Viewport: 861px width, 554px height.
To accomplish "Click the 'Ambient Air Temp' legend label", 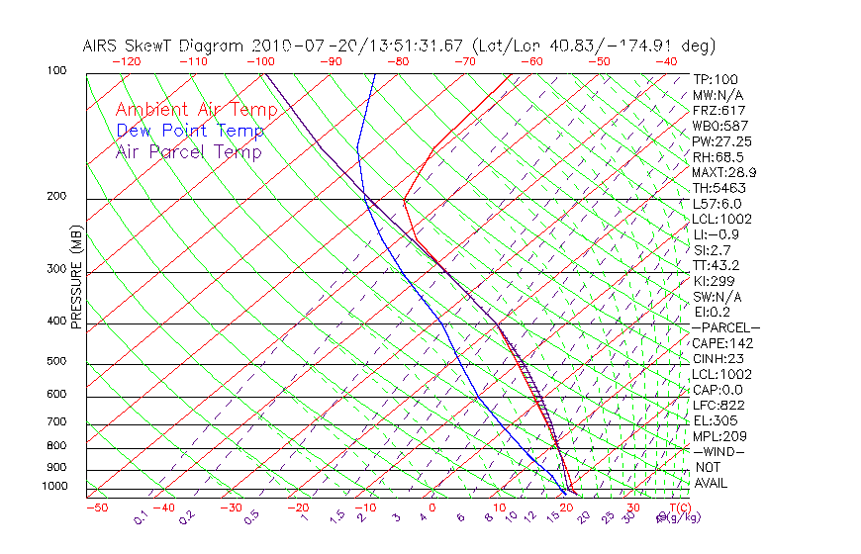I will click(196, 110).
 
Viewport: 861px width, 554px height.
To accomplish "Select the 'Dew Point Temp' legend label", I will click(189, 131).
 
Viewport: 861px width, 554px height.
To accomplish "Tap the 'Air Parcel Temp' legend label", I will click(188, 151).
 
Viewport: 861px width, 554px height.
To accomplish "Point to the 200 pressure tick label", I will click(56, 197).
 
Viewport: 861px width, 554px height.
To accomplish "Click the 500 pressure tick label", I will click(56, 362).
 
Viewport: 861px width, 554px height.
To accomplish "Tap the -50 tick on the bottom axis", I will click(96, 508).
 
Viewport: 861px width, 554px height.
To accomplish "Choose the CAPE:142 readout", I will click(722, 343).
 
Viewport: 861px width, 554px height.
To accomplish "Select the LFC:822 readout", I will click(719, 406).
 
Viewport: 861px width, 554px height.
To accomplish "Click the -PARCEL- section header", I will click(725, 327).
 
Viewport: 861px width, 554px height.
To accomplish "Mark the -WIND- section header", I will click(719, 452).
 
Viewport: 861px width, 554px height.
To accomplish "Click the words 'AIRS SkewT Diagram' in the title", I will click(164, 46).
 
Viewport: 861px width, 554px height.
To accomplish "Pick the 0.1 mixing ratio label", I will click(141, 517).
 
